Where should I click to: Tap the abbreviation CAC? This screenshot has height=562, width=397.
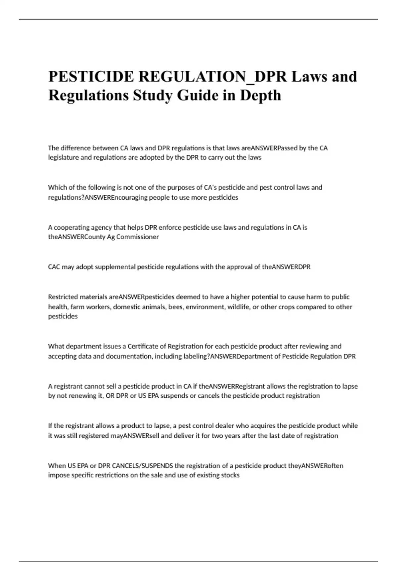click(x=54, y=267)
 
